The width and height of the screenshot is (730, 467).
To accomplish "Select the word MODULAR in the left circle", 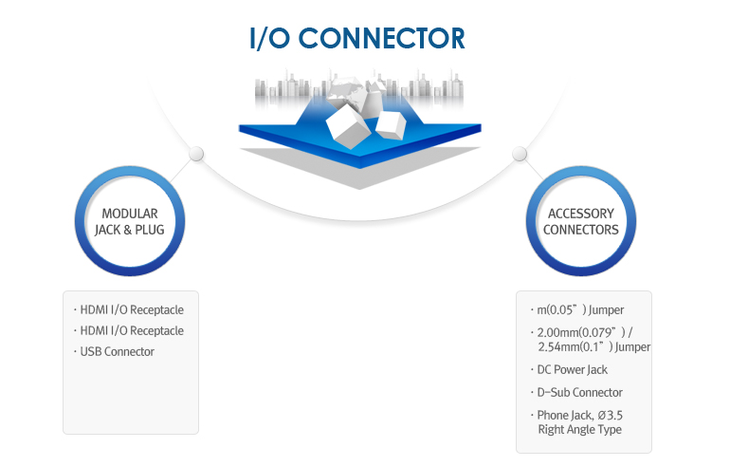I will tap(129, 214).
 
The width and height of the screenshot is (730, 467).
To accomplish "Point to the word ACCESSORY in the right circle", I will tap(580, 214).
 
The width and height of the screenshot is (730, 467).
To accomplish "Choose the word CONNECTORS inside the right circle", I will tap(581, 230).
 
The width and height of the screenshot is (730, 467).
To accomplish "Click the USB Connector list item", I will tap(118, 352).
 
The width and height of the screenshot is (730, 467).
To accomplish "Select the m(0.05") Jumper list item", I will tap(580, 309).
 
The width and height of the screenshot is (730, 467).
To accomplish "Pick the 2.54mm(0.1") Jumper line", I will tap(593, 346).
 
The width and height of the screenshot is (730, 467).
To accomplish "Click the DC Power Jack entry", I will tap(573, 369).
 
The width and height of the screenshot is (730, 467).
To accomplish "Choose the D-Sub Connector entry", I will tap(580, 392).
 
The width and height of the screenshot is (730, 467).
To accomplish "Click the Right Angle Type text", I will tap(579, 430).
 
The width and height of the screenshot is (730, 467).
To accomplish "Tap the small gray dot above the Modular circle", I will tap(196, 154).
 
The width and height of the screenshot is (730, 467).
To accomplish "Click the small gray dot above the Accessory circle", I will tap(519, 154).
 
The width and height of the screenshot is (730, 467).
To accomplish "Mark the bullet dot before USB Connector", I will tap(75, 352).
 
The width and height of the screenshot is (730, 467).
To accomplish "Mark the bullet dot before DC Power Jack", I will tap(531, 369).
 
